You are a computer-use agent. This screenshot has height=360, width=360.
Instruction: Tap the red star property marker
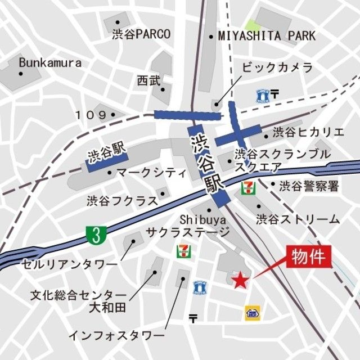[x=240, y=280]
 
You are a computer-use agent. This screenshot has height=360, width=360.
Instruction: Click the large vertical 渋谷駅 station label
[x=206, y=163]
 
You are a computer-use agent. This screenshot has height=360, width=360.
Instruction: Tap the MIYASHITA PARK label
[x=267, y=36]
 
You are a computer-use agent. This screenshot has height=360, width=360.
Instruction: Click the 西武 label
[x=148, y=81]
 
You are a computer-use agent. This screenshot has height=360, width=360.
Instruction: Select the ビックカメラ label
[x=277, y=68]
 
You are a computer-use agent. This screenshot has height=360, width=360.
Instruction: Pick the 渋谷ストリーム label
[x=298, y=219]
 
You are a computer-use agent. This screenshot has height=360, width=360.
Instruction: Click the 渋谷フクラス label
[x=120, y=200]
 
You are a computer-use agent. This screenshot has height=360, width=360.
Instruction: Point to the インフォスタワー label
[x=112, y=335]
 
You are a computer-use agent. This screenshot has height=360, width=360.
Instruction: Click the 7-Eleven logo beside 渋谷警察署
[x=247, y=186]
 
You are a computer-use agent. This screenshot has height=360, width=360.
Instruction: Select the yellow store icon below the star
[x=252, y=313]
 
